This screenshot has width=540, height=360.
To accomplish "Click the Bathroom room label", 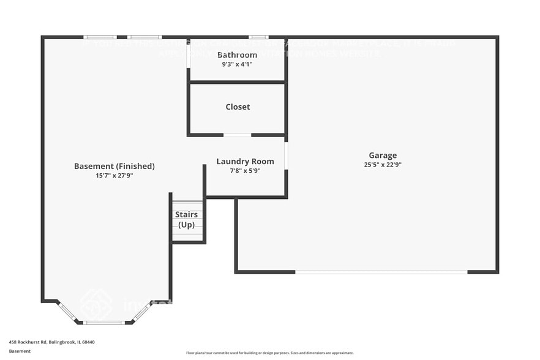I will tap(237, 55).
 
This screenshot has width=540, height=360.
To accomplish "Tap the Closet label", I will tap(238, 107).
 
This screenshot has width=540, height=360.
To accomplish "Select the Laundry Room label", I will tap(245, 162).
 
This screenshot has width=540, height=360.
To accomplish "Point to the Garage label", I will tap(383, 156).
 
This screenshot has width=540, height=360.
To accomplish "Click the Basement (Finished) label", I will tap(114, 166).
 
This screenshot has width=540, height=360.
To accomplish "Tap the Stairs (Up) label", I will tap(186, 220).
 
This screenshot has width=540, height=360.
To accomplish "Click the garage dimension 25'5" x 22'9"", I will tap(383, 165).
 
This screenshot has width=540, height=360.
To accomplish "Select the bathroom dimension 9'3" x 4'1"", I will tap(237, 64).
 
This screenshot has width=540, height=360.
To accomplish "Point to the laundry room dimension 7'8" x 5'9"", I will tap(245, 171).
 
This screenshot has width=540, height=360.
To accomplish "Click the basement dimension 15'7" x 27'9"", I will tap(114, 176).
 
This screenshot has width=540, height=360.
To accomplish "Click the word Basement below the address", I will tap(20, 351).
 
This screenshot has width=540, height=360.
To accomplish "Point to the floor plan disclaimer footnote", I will tap(269, 353).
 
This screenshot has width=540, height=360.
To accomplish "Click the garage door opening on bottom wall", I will tap(381, 271).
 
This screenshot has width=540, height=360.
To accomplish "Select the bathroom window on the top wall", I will tap(258, 37).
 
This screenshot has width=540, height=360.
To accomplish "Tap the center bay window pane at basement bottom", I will tap(103, 322).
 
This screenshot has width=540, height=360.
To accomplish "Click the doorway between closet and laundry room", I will tap(237, 135).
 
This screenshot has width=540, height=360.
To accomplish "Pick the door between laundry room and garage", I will tap(286, 156).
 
